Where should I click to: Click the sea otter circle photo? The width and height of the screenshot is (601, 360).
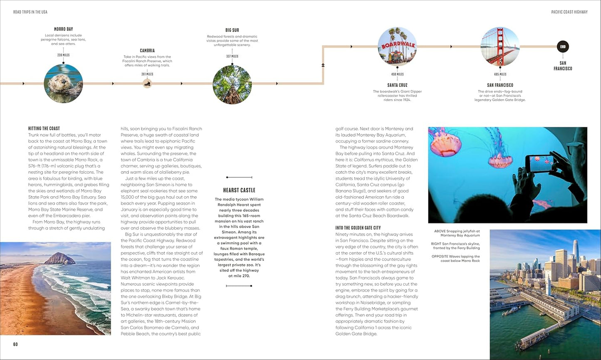pos(63,84)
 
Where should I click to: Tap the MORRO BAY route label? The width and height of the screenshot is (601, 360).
pos(63,29)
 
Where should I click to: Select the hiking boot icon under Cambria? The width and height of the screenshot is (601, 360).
pos(147,84)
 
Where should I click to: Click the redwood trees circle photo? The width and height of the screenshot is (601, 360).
pos(232,84)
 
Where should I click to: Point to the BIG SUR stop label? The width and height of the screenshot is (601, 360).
pos(232,30)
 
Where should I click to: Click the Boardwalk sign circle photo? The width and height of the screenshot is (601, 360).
pos(397,47)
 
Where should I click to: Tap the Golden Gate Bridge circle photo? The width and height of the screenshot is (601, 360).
pos(500,47)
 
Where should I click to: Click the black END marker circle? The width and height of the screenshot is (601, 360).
pos(563,47)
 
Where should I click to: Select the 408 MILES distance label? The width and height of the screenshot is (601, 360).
pos(397,74)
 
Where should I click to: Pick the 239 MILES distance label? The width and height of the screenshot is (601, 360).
pos(63,55)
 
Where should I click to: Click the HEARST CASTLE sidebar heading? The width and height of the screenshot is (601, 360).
pos(239,190)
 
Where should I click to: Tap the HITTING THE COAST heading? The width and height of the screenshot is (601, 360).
pos(44,128)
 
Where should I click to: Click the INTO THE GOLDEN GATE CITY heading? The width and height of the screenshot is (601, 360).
pos(358,228)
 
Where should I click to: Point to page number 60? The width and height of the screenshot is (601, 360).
pos(15,344)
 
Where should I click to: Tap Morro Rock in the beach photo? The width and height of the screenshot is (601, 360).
pos(60,259)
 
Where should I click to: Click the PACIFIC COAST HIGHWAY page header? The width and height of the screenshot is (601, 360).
pos(569,12)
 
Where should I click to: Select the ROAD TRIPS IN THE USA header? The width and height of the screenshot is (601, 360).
pos(30,12)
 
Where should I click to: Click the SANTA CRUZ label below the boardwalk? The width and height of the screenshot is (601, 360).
pos(397,85)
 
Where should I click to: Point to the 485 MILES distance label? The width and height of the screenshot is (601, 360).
pos(500,74)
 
